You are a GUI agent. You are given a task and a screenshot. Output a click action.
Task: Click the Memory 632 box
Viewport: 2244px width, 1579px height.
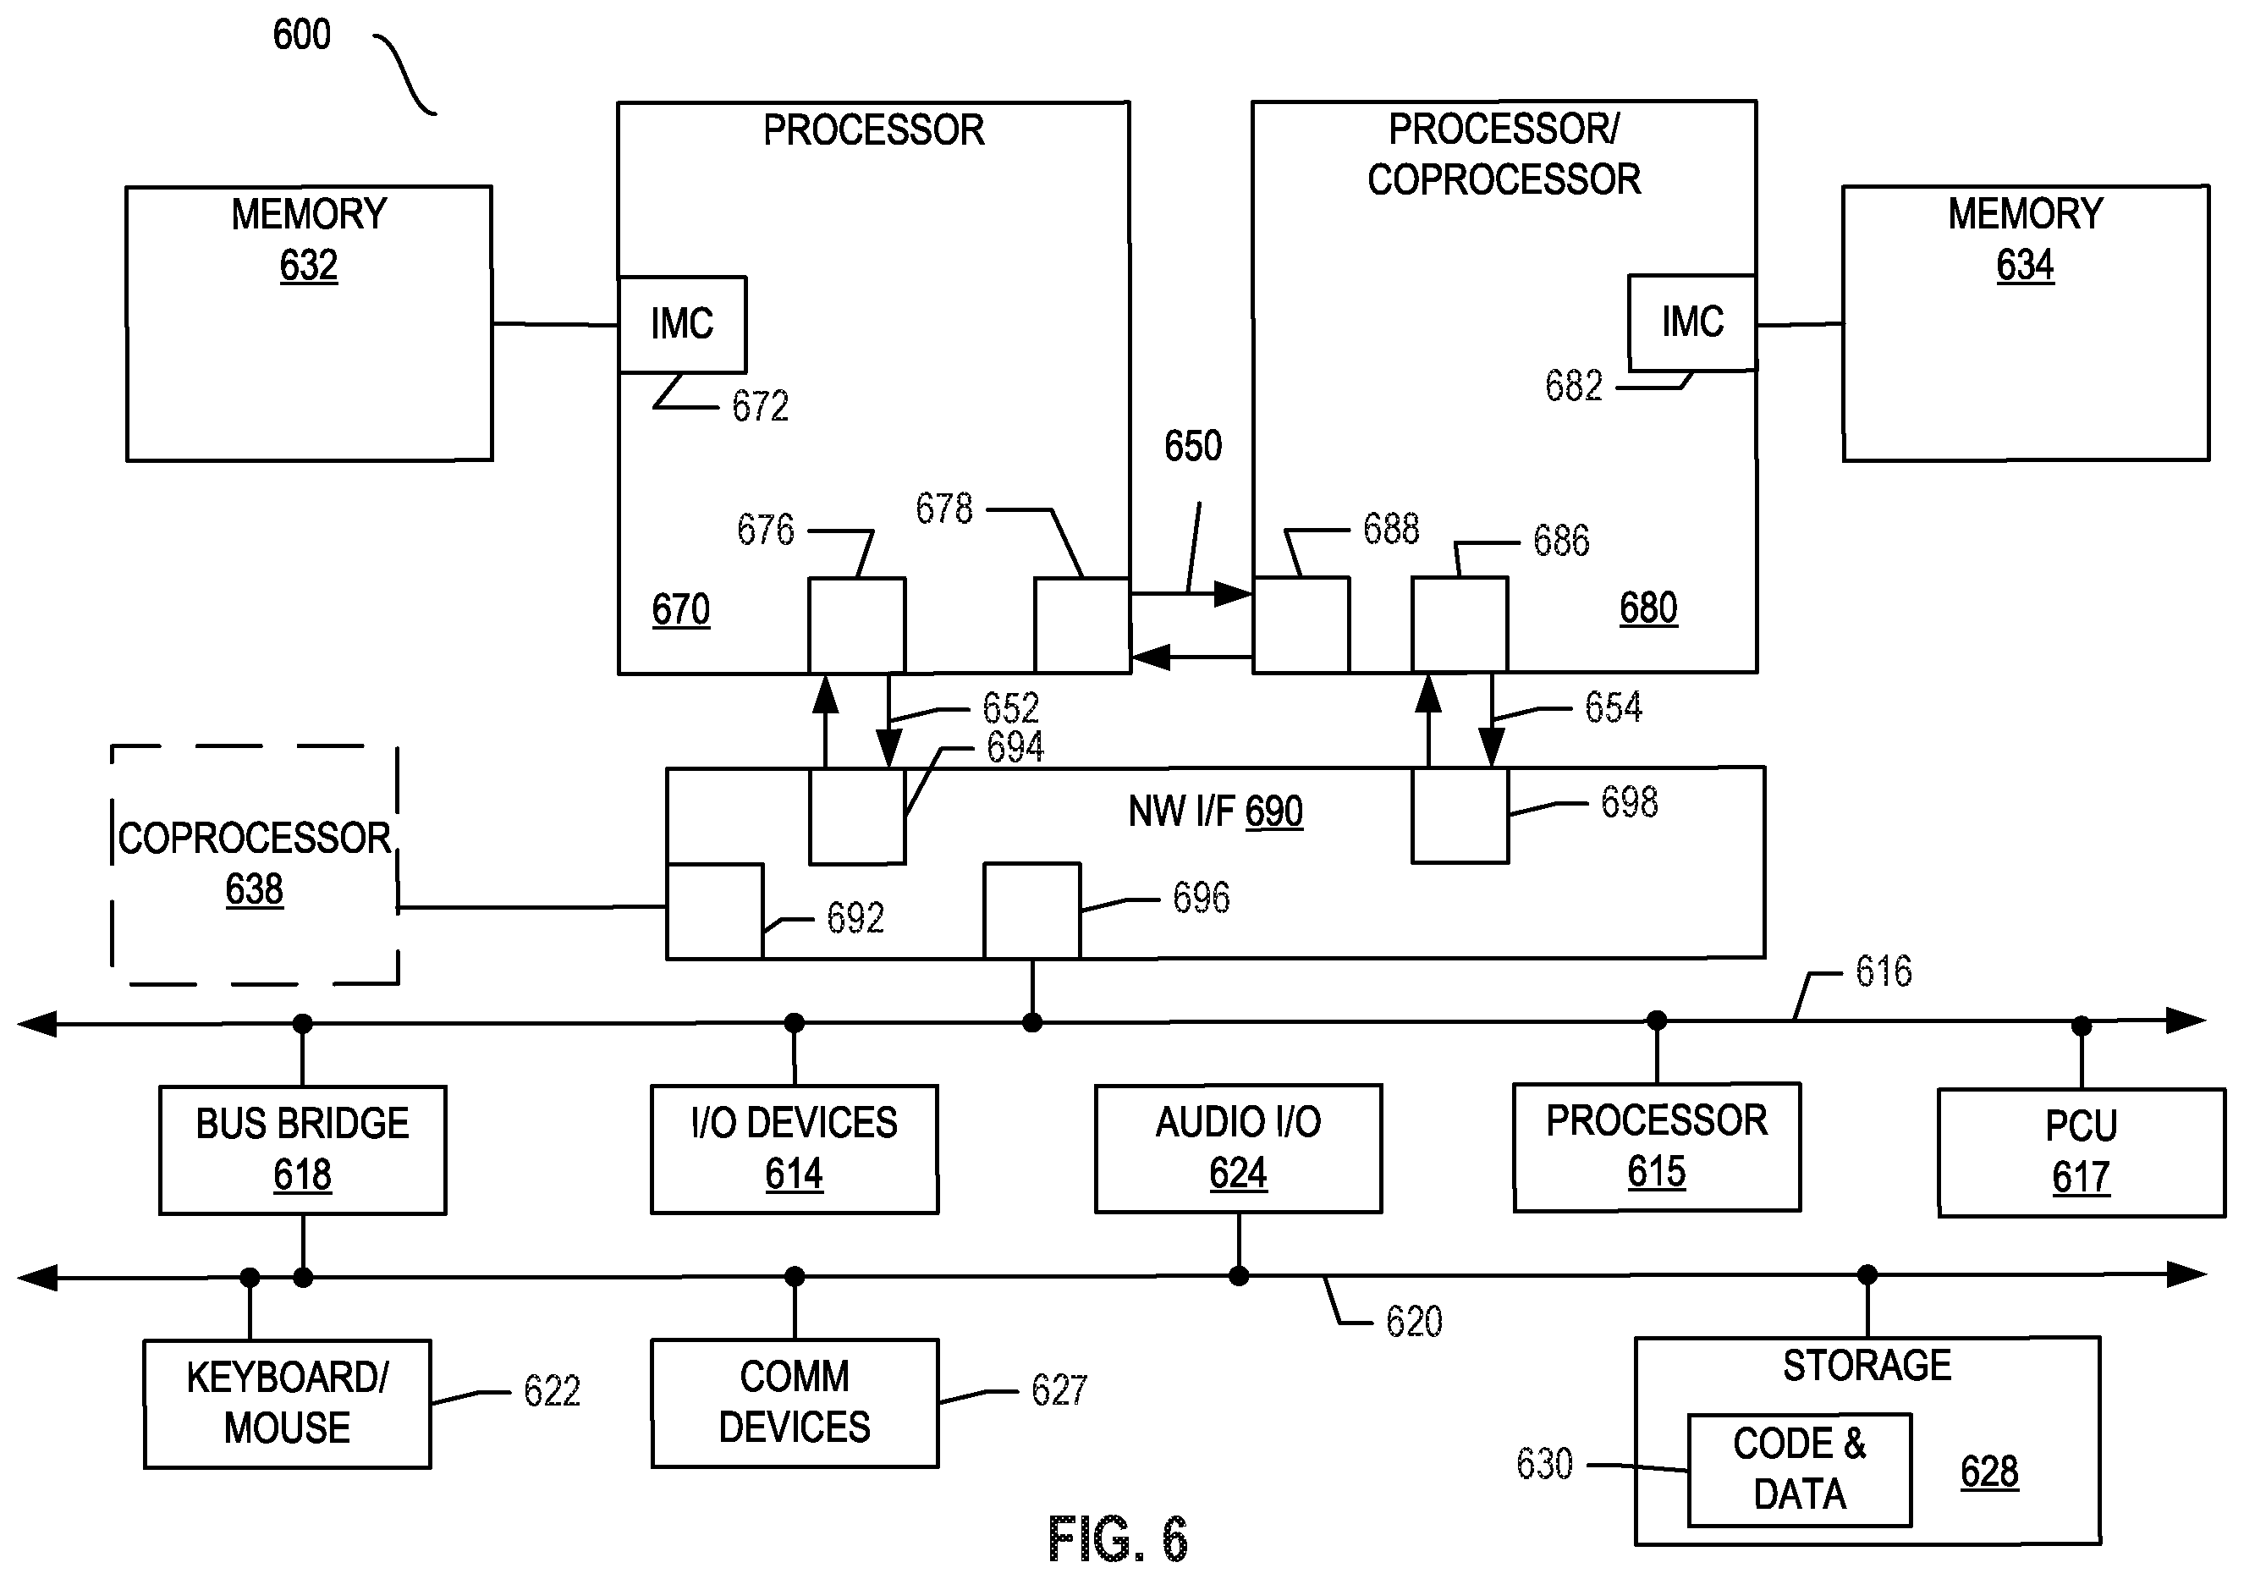pyautogui.click(x=309, y=323)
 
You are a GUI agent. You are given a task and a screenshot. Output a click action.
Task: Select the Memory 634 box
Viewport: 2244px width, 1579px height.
pyautogui.click(x=2026, y=322)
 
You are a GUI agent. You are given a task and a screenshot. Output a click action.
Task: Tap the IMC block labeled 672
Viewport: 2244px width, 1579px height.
pyautogui.click(x=682, y=324)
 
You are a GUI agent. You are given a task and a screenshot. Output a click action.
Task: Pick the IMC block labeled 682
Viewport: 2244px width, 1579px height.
pyautogui.click(x=1691, y=322)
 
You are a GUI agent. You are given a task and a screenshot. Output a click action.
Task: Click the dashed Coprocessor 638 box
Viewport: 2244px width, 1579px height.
pyautogui.click(x=254, y=865)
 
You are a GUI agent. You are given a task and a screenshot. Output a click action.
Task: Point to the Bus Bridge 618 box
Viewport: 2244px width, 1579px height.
pyautogui.click(x=303, y=1150)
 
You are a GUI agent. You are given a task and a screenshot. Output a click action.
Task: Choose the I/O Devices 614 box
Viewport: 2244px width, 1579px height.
pyautogui.click(x=795, y=1149)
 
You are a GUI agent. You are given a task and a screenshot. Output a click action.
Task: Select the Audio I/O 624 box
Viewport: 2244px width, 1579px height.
pyautogui.click(x=1238, y=1148)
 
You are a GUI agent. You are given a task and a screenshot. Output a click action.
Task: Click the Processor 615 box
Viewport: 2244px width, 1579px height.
pyautogui.click(x=1657, y=1147)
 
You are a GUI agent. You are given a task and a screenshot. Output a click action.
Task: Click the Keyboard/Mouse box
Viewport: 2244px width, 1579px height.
pyautogui.click(x=288, y=1403)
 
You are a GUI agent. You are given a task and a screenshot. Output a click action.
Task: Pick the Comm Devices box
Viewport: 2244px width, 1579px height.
pyautogui.click(x=795, y=1402)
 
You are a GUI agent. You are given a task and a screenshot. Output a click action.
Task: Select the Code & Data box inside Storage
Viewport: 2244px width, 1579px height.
pyautogui.click(x=1799, y=1470)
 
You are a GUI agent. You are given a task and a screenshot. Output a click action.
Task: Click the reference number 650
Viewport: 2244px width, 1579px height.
pyautogui.click(x=1193, y=447)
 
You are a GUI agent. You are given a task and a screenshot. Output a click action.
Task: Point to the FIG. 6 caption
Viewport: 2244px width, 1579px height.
pyautogui.click(x=1118, y=1540)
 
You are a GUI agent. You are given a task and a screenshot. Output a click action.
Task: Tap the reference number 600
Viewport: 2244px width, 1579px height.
pyautogui.click(x=302, y=36)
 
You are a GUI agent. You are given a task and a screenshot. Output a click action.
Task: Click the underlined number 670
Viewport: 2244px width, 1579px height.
pyautogui.click(x=681, y=610)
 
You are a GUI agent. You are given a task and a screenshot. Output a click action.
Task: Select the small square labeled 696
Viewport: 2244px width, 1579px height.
pyautogui.click(x=1032, y=911)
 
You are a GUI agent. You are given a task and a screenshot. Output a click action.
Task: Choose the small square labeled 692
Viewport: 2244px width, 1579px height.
pyautogui.click(x=715, y=911)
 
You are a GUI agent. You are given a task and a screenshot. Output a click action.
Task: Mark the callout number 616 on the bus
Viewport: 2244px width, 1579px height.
pyautogui.click(x=1884, y=971)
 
